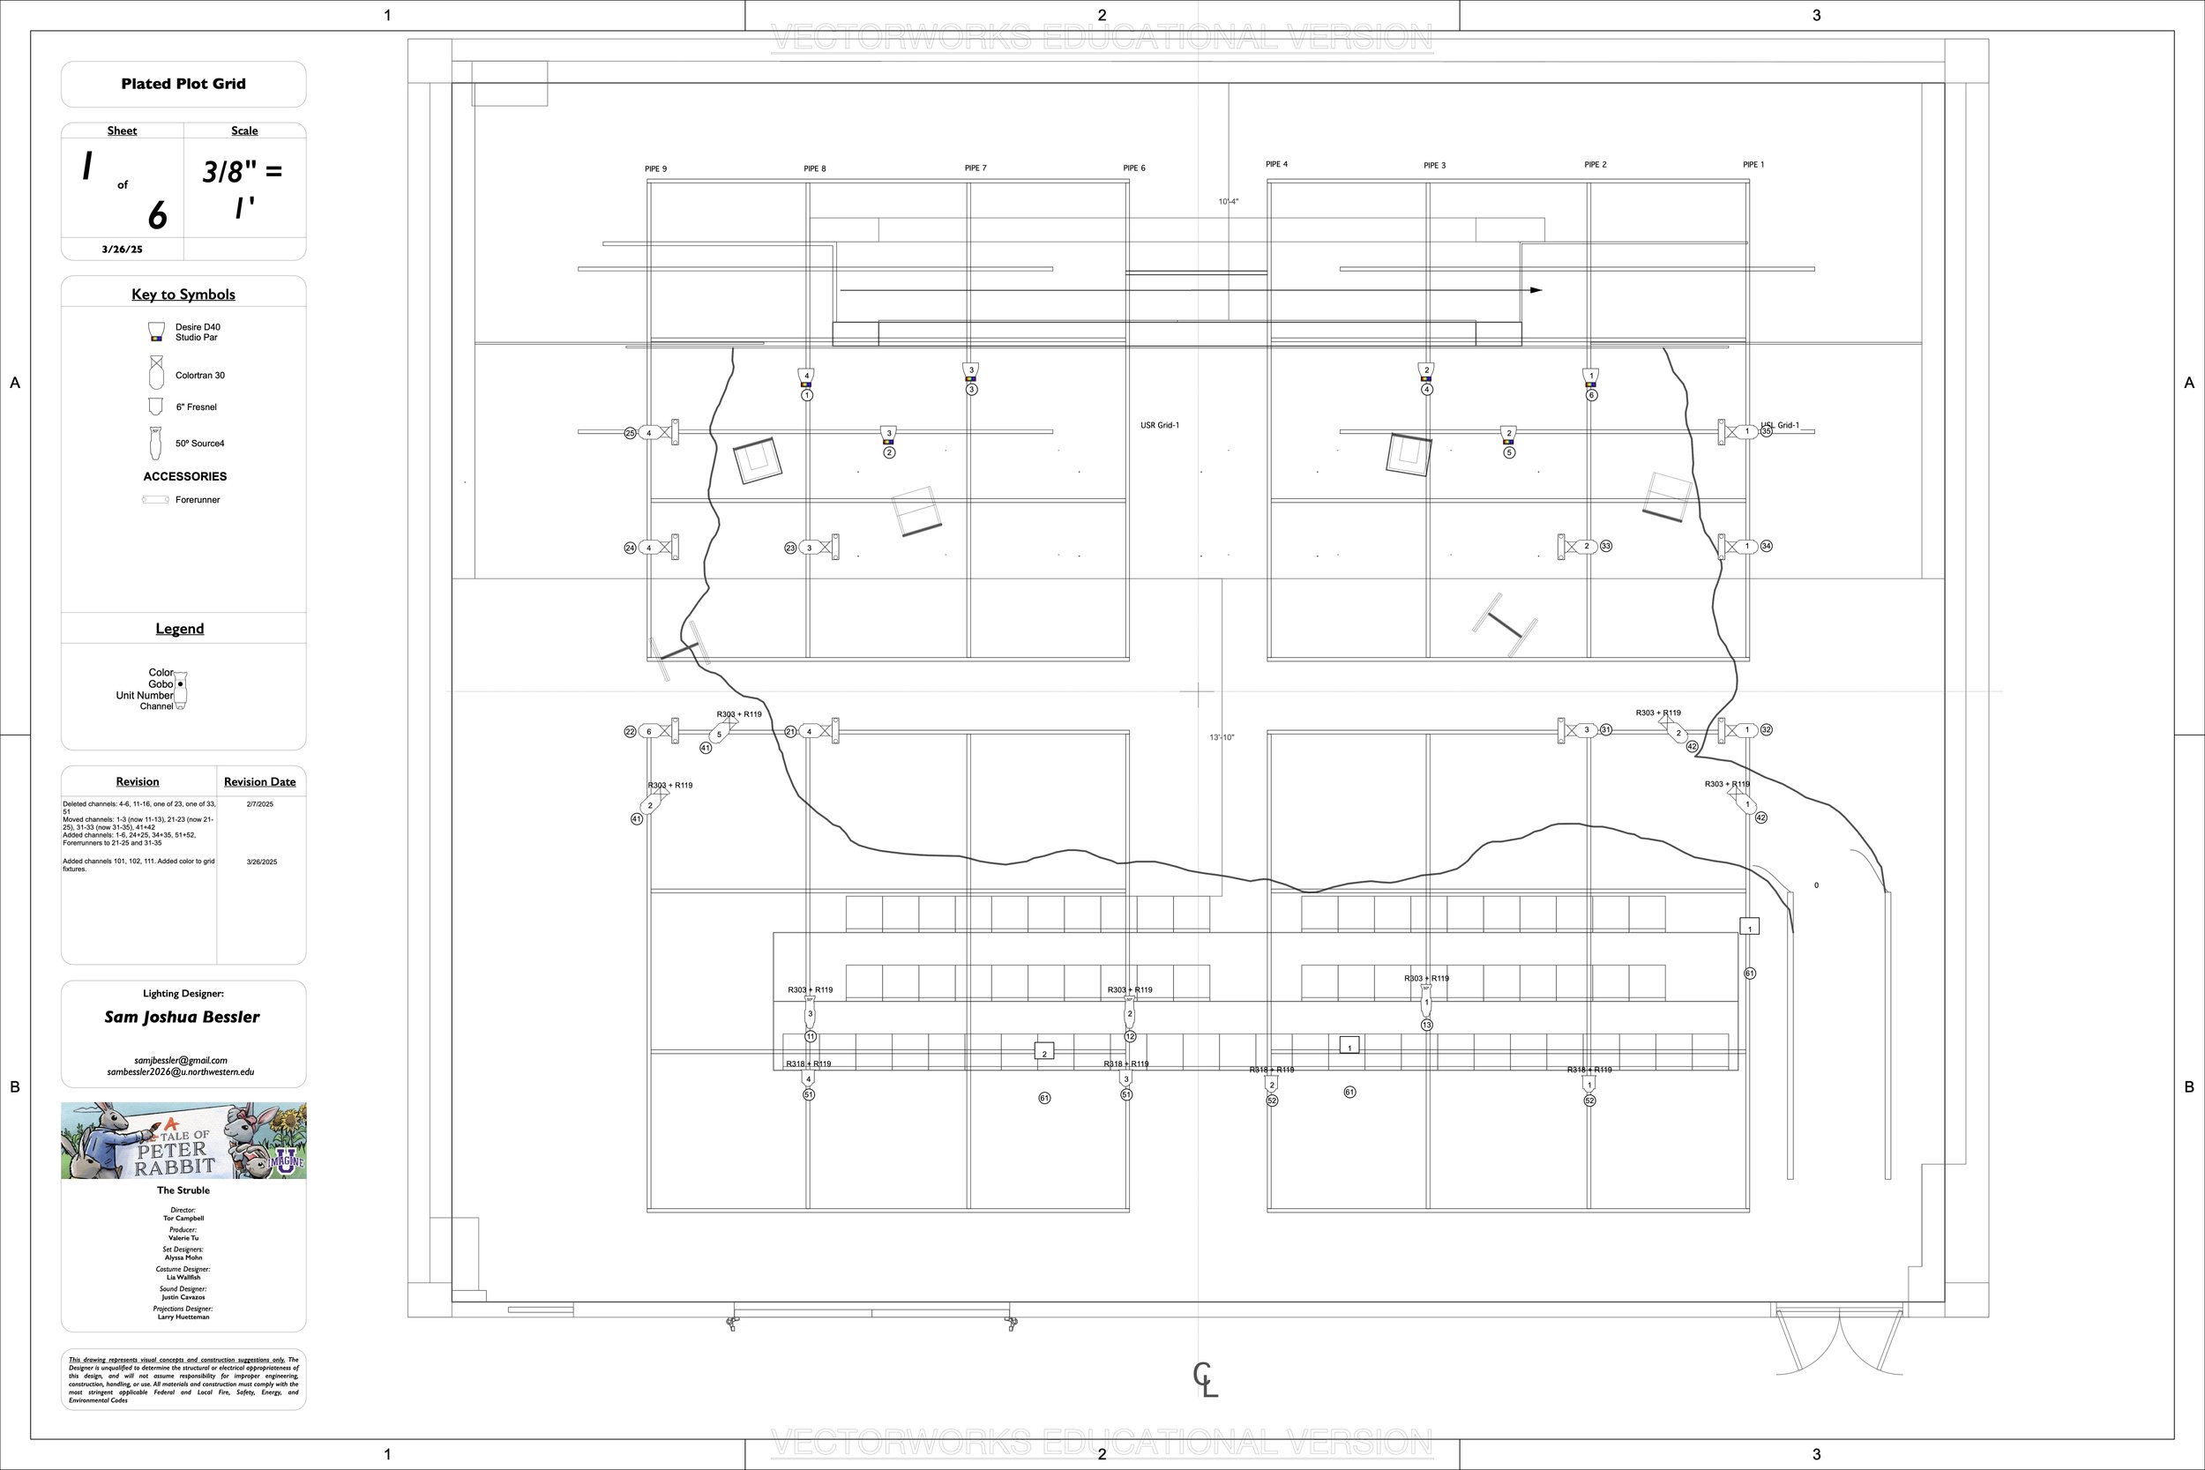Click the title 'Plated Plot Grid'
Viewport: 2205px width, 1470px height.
(x=183, y=85)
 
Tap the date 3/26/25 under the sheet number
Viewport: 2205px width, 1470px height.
(x=122, y=250)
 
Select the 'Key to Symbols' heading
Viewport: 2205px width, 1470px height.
(x=183, y=295)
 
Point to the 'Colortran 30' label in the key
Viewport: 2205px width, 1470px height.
(x=199, y=376)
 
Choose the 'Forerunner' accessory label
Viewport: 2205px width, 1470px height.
(x=197, y=501)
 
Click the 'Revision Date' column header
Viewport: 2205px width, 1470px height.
(x=259, y=782)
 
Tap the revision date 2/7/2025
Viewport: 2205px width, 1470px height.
(x=259, y=804)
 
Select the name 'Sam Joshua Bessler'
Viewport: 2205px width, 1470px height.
(x=182, y=1018)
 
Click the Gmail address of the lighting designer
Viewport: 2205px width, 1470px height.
(x=181, y=1061)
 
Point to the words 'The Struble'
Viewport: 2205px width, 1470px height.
(x=183, y=1190)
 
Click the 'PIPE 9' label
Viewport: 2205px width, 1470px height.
(x=655, y=169)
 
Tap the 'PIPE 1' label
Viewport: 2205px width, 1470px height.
(x=1753, y=165)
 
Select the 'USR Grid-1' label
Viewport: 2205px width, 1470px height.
(x=1160, y=426)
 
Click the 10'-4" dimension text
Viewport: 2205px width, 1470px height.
(x=1228, y=203)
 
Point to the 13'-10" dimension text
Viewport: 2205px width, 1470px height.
(x=1222, y=738)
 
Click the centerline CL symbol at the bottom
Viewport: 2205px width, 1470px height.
(x=1205, y=1380)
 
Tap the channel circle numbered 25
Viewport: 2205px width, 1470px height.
(x=630, y=433)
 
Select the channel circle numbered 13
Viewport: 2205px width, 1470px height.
(x=1427, y=1026)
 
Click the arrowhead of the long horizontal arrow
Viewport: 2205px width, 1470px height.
(x=1536, y=291)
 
